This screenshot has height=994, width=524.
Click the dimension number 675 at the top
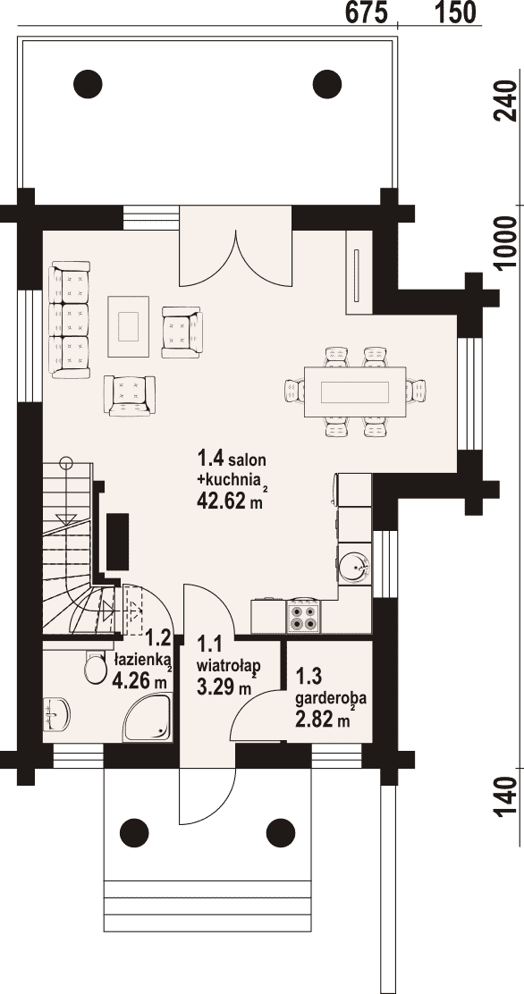[x=367, y=12]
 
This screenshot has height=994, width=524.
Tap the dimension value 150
[x=455, y=12]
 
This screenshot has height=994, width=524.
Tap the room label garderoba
[x=331, y=699]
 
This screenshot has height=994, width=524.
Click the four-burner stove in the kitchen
[x=303, y=618]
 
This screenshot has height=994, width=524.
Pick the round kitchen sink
[x=353, y=565]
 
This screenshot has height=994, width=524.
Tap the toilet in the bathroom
[x=96, y=667]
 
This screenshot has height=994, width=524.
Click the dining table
[x=355, y=392]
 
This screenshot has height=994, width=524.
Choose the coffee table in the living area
[x=129, y=326]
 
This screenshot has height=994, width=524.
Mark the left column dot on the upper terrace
[x=88, y=81]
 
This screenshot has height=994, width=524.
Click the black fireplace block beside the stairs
[x=118, y=542]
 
